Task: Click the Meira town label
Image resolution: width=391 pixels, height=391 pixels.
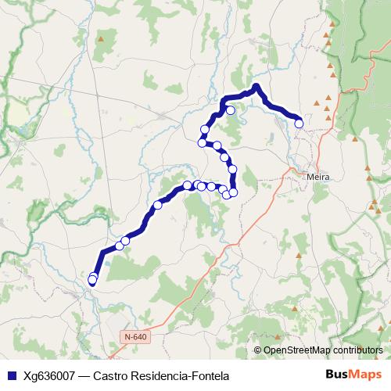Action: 319,178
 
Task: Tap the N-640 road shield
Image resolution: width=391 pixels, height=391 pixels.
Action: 135,336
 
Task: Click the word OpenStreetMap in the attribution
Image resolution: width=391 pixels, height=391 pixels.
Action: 298,350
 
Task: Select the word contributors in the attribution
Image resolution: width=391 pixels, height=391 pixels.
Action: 358,350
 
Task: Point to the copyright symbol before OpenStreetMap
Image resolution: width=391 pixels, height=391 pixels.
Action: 258,350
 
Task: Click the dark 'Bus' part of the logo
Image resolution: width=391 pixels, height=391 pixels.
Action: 339,375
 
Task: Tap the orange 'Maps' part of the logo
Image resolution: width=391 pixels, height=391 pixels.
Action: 366,375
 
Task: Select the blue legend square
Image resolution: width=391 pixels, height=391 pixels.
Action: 11,375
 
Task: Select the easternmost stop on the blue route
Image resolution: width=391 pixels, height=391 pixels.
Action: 299,123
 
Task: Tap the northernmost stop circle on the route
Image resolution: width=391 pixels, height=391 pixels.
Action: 231,110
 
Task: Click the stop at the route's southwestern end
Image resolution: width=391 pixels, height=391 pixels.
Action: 92,280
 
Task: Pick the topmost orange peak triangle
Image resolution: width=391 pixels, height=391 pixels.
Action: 332,26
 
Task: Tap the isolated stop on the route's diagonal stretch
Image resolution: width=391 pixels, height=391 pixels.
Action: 158,205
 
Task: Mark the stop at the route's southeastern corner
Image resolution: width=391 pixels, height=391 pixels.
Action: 233,192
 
